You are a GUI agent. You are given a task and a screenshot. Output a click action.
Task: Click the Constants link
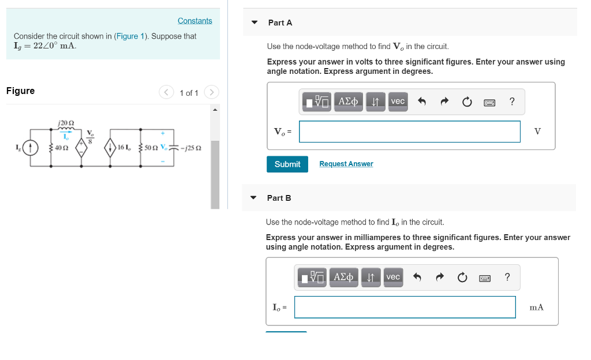(x=194, y=21)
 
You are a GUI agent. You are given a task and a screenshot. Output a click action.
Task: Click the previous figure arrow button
(x=166, y=92)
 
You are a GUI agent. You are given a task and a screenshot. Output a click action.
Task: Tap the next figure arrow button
(x=212, y=92)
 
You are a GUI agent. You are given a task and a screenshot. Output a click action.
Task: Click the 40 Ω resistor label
(x=61, y=148)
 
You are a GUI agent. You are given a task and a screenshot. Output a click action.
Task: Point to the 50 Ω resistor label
(x=152, y=148)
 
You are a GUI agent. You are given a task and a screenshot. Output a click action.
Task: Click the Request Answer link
(x=346, y=164)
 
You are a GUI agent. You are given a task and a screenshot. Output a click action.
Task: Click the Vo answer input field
(x=409, y=132)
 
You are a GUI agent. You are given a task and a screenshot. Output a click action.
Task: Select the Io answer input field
(x=405, y=307)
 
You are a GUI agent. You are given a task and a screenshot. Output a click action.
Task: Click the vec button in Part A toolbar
(x=398, y=102)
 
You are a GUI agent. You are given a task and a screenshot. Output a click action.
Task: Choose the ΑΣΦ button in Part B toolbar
(x=345, y=277)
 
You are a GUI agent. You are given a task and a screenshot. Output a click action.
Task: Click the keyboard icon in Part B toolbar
(x=485, y=277)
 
